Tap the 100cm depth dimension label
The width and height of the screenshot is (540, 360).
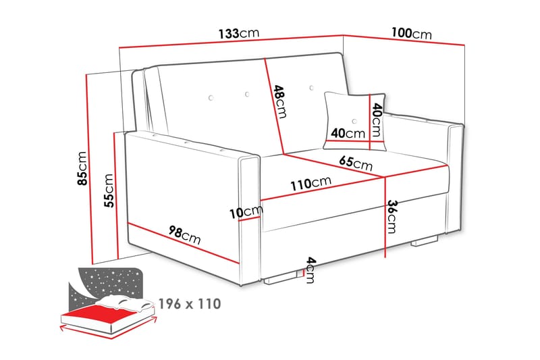(410, 33)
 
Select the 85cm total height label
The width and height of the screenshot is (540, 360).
(82, 168)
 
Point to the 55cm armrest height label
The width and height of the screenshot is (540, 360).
(108, 190)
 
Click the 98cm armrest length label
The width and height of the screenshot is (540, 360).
(184, 236)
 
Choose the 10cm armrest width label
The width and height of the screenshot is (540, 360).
(244, 212)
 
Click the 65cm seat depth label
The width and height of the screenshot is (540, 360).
(354, 163)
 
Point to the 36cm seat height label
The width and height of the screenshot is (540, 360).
(391, 215)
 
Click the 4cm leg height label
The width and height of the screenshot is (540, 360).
(309, 269)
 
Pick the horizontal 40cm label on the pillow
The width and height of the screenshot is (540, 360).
(346, 133)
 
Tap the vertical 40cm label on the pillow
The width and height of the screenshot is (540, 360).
(377, 119)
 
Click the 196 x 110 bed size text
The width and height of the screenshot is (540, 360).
(190, 303)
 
